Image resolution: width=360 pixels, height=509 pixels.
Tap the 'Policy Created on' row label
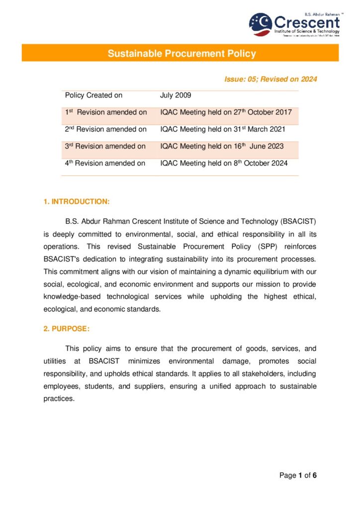tap(93, 95)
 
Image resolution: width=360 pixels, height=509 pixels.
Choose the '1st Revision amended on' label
tap(106, 112)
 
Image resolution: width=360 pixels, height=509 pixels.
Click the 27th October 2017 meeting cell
tap(226, 112)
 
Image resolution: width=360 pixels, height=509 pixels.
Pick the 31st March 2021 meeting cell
tap(222, 129)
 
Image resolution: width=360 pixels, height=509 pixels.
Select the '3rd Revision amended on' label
tap(105, 146)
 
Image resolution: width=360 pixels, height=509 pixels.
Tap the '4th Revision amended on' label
tap(105, 163)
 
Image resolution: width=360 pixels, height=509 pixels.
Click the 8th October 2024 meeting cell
tap(223, 163)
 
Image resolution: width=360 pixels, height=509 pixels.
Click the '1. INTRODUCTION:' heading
tap(77, 201)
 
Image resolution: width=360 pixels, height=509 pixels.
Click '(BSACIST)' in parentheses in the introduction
tap(298, 220)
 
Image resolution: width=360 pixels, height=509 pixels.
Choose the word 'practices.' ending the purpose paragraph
tap(59, 399)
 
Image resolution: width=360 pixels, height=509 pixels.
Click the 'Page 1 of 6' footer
tap(298, 476)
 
